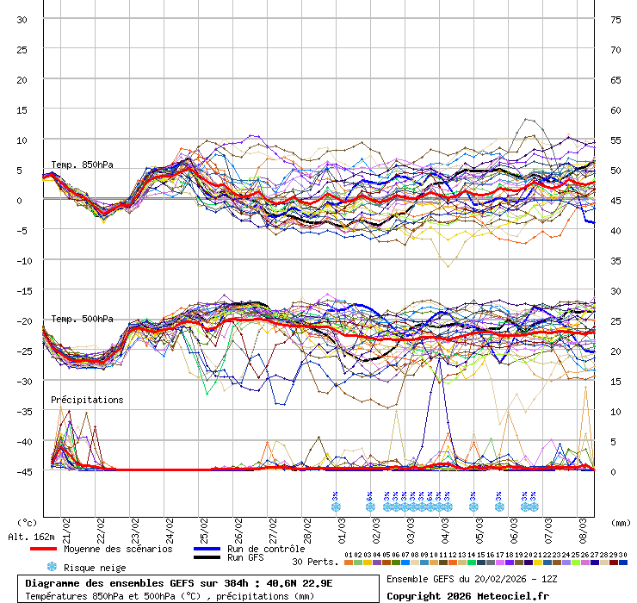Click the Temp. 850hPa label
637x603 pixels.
pos(82,165)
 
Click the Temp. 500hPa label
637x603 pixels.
pos(82,319)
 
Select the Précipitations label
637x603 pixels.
pos(87,400)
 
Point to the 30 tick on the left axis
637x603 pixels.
pos(22,19)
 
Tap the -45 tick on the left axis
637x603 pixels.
pos(22,471)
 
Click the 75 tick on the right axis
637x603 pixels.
pos(615,19)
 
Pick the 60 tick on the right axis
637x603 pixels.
pos(615,109)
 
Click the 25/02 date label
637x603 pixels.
pos(204,525)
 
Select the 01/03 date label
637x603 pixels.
pos(342,525)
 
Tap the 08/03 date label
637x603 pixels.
pos(583,525)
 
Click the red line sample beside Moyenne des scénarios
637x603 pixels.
pos(43,549)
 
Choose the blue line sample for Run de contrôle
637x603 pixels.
pos(207,549)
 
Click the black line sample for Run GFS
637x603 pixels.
pos(207,557)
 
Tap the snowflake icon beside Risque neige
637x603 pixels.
pos(52,567)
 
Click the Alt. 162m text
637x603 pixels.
pos(32,537)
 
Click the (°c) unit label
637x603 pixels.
pos(28,522)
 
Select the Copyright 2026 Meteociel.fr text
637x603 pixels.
pos(467,595)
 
